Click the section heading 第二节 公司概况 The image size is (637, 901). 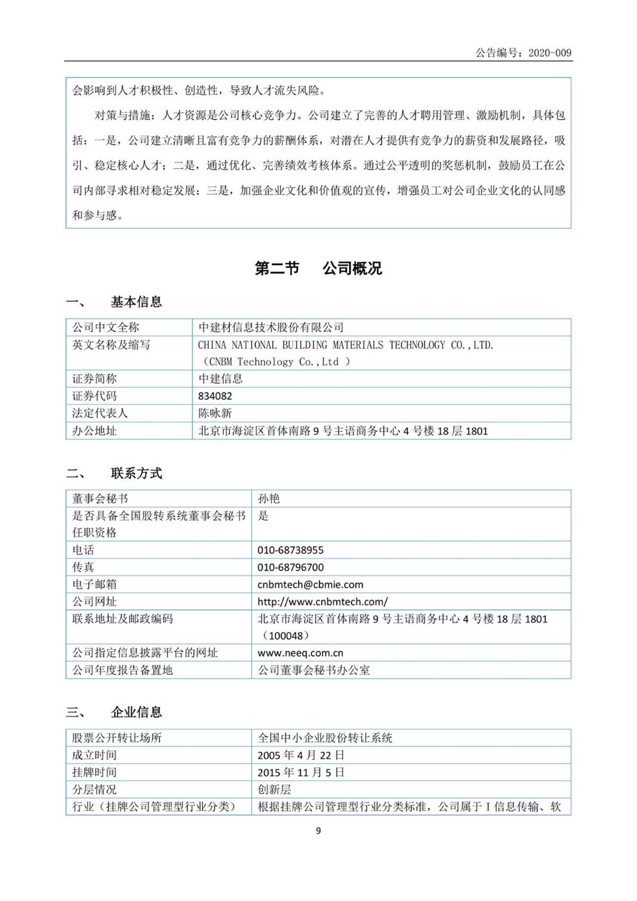pyautogui.click(x=318, y=269)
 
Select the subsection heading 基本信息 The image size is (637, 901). pyautogui.click(x=136, y=302)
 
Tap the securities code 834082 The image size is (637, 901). pyautogui.click(x=215, y=396)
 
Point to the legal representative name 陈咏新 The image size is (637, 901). pyautogui.click(x=215, y=413)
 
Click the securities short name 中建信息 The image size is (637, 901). pyautogui.click(x=220, y=379)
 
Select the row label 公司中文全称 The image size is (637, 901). pyautogui.click(x=106, y=327)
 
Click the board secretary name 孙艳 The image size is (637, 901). pyautogui.click(x=269, y=499)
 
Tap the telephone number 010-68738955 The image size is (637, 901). pyautogui.click(x=290, y=550)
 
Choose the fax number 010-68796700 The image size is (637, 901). pyautogui.click(x=290, y=567)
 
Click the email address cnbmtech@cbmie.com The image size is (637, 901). pyautogui.click(x=311, y=585)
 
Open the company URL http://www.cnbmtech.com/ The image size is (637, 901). pyautogui.click(x=323, y=602)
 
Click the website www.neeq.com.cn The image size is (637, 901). pyautogui.click(x=300, y=653)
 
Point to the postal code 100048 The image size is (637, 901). pyautogui.click(x=286, y=636)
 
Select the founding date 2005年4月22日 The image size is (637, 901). pyautogui.click(x=301, y=755)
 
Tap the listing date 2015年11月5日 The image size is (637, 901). pyautogui.click(x=301, y=773)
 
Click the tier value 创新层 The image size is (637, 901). pyautogui.click(x=274, y=790)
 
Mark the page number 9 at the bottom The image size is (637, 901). pyautogui.click(x=318, y=831)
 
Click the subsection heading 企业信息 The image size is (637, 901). pyautogui.click(x=136, y=713)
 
